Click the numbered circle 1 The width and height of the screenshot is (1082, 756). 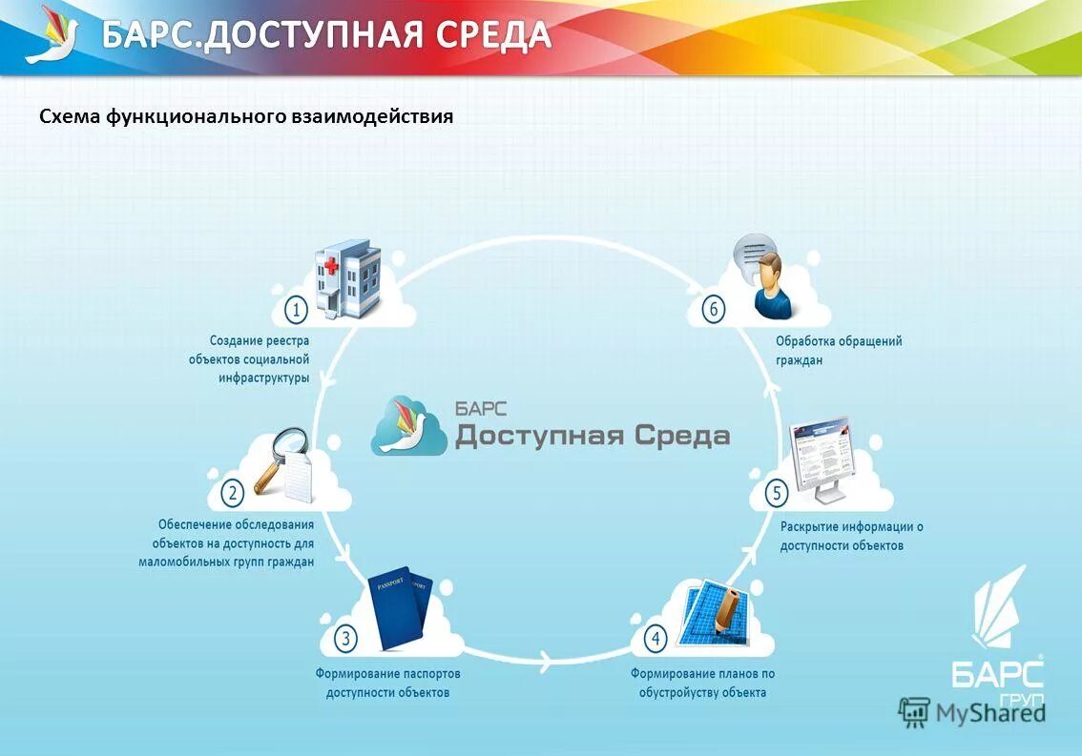coord(297,309)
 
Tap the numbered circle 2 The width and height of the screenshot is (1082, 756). coord(232,493)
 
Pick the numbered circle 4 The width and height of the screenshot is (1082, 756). coord(655,638)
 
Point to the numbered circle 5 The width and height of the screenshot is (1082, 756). coord(777,493)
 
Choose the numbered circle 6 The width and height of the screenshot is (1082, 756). coord(713,309)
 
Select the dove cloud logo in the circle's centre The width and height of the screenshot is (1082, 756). coord(409,425)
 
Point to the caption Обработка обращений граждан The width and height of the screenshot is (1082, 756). coord(838,350)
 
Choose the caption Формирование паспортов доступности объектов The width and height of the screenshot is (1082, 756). coord(387,683)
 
